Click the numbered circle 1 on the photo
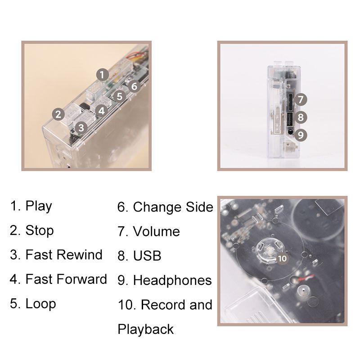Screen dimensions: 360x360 [x=103, y=75]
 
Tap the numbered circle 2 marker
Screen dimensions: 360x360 [x=58, y=114]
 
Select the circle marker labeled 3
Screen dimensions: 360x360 [x=81, y=128]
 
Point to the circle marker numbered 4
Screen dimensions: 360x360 [x=102, y=111]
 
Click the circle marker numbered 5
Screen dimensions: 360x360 [x=119, y=96]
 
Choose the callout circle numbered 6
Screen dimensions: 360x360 [x=134, y=86]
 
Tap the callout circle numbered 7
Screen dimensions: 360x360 [x=301, y=99]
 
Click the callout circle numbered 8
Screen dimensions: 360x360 [x=301, y=117]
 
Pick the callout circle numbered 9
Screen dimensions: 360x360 [x=301, y=135]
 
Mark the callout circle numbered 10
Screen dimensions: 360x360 [x=282, y=258]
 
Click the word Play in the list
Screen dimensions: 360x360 [x=39, y=206]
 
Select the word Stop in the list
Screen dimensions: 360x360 [x=40, y=230]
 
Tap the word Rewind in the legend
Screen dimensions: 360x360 [x=80, y=255]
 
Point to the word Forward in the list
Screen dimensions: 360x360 [x=82, y=279]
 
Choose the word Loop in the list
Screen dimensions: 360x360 [x=40, y=304]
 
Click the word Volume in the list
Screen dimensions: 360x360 [x=156, y=231]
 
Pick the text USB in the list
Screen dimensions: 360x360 [x=147, y=256]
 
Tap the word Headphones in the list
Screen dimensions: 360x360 [x=172, y=280]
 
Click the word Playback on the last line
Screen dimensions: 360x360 [x=145, y=329]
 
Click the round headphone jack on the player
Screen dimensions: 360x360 [x=290, y=132]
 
